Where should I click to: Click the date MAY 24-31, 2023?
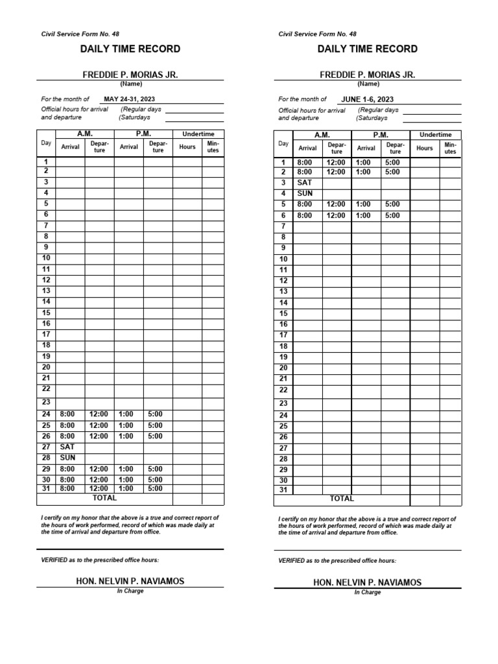[x=134, y=99]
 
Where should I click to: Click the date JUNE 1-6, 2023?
[x=367, y=99]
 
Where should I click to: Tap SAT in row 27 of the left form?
[x=67, y=447]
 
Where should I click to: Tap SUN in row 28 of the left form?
[x=67, y=457]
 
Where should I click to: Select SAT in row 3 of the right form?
[x=305, y=183]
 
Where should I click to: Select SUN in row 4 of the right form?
[x=305, y=193]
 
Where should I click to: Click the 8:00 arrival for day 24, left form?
[x=67, y=414]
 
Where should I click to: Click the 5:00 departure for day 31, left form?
[x=155, y=488]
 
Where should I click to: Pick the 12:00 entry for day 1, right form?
[x=336, y=162]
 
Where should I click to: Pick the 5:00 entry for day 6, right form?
[x=392, y=215]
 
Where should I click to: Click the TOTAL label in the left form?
[x=105, y=498]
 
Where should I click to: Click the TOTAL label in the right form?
[x=342, y=499]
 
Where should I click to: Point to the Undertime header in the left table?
[x=198, y=134]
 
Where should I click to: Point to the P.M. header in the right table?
[x=380, y=134]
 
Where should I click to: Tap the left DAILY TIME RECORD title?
[x=130, y=49]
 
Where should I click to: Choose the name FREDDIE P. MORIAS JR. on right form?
[x=368, y=75]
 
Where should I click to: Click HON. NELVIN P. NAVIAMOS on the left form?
[x=130, y=581]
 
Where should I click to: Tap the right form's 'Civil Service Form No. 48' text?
[x=317, y=34]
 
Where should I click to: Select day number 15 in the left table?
[x=46, y=313]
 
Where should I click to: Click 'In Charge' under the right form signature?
[x=367, y=592]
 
